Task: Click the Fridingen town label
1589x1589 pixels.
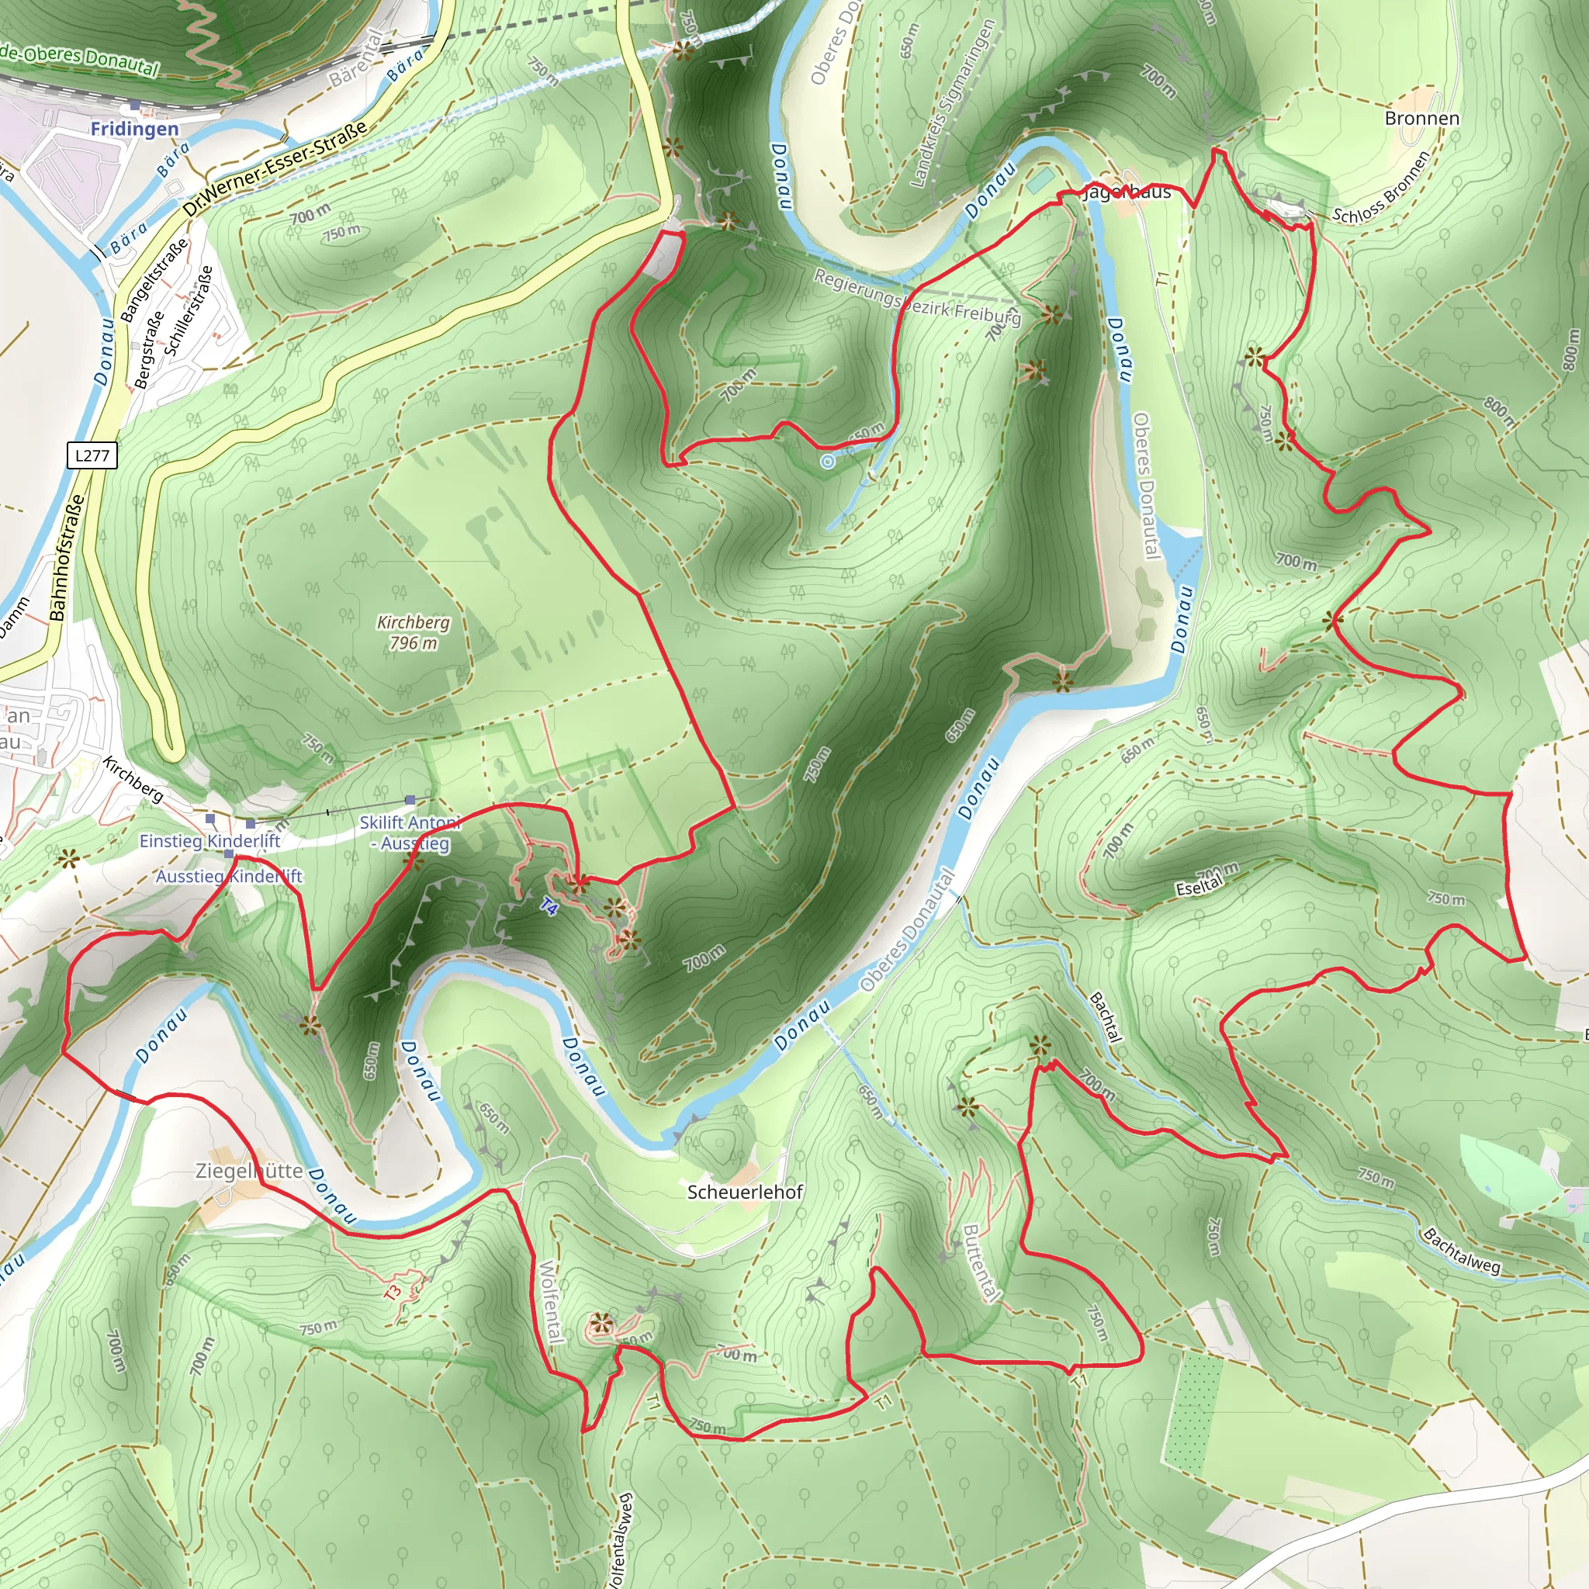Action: (134, 129)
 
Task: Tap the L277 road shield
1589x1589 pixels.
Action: (92, 455)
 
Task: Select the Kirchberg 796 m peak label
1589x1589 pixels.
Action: (413, 632)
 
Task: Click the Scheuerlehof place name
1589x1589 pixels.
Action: (744, 1192)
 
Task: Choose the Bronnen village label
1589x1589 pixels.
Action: (1421, 119)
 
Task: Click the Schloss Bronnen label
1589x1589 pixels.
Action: (1381, 189)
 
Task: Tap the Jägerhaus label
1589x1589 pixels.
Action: (1127, 192)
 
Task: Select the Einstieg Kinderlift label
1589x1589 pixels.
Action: (209, 840)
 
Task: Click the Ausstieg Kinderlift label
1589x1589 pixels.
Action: (229, 876)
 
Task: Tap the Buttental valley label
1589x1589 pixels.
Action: (981, 1262)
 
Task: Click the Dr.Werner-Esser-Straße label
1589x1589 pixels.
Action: (275, 170)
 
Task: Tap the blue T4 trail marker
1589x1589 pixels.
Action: (549, 907)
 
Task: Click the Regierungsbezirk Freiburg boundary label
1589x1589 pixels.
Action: (916, 297)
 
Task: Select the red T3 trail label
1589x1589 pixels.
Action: (393, 1291)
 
